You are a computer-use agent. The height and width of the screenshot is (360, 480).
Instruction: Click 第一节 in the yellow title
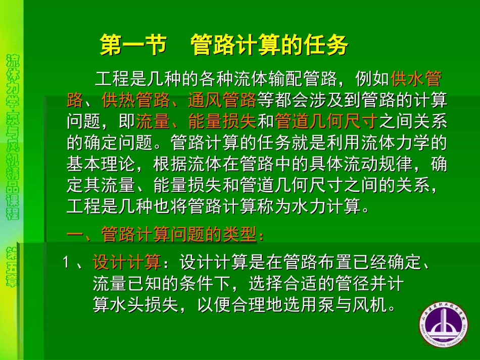(x=133, y=46)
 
